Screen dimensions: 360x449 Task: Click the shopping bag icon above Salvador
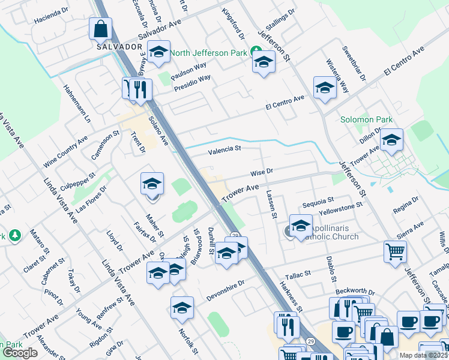[101, 28]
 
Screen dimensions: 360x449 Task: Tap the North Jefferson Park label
[209, 53]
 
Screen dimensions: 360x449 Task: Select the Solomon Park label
[366, 119]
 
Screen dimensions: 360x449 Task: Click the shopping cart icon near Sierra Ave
[395, 252]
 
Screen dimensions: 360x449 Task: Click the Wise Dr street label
[262, 172]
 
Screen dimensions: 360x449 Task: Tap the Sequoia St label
[318, 200]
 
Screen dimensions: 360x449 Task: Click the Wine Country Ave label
[65, 155]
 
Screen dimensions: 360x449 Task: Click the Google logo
[20, 353]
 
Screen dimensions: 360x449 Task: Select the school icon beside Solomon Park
[391, 140]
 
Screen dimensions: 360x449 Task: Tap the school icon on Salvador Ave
[159, 52]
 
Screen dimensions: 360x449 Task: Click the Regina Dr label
[405, 209]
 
